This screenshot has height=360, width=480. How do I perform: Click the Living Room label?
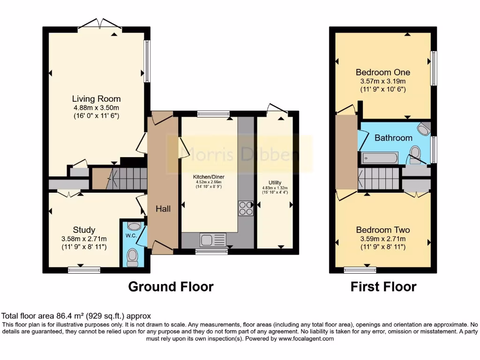(96, 99)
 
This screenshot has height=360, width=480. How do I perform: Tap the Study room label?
(84, 230)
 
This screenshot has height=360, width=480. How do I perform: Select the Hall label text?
(163, 209)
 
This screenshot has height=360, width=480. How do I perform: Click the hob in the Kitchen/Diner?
(246, 208)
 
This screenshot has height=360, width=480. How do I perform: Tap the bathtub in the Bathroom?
(379, 157)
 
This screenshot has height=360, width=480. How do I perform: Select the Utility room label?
(275, 182)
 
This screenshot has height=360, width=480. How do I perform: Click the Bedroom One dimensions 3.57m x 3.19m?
(383, 81)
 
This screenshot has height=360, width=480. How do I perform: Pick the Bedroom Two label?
(383, 230)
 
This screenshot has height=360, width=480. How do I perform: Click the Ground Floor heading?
(171, 286)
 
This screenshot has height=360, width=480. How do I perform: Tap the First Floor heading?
(383, 286)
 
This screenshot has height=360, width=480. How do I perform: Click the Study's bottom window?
(84, 270)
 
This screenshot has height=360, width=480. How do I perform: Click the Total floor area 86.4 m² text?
(76, 316)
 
